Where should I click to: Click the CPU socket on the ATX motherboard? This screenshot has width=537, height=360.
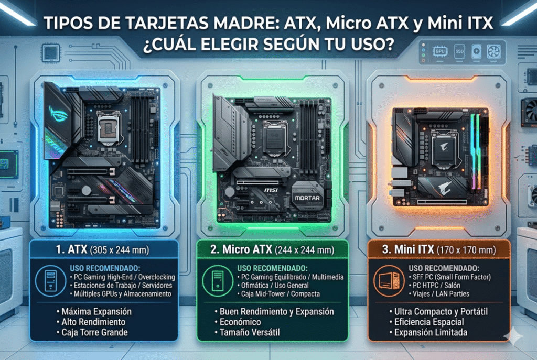coord(109,125)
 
